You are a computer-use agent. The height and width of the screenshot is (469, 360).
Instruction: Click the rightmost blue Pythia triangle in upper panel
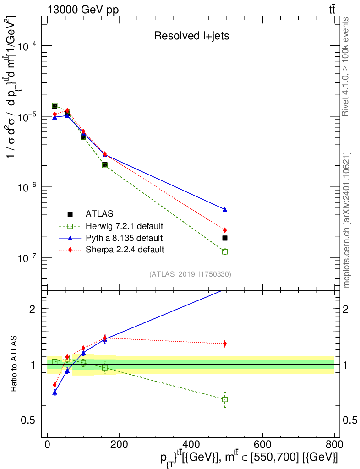click(225, 210)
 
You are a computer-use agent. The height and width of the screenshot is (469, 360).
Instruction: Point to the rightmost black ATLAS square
click(225, 238)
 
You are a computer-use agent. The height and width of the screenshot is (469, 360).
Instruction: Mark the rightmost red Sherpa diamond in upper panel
click(225, 230)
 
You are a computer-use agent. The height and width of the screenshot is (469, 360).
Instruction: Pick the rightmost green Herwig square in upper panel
click(225, 251)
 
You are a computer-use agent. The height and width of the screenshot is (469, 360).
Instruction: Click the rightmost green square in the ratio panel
click(225, 399)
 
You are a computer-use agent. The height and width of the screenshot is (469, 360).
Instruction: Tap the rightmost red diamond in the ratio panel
click(225, 344)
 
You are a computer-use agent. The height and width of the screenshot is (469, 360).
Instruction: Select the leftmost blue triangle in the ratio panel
click(55, 393)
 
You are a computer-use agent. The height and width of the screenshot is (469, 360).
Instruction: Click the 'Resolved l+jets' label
click(191, 36)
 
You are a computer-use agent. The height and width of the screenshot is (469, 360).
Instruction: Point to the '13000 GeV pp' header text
click(83, 10)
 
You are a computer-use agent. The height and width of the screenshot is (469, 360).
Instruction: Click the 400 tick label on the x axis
click(191, 444)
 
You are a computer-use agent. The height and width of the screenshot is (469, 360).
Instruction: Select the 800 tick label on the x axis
click(334, 444)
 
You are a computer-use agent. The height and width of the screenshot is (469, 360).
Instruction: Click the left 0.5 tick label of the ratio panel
click(28, 420)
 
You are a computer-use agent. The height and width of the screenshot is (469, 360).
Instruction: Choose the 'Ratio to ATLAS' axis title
click(13, 364)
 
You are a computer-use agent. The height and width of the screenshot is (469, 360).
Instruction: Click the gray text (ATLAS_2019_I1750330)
click(190, 274)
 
